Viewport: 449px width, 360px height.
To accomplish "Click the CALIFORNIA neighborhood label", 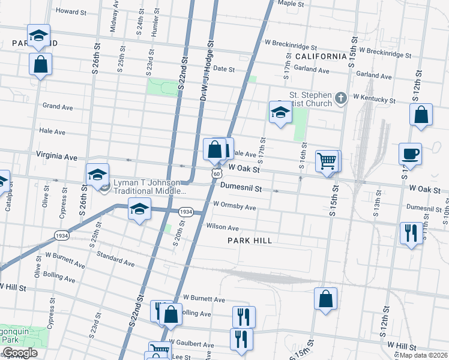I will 321,56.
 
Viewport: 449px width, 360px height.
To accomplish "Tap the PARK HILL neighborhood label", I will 250,241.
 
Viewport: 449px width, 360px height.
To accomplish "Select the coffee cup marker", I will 410,154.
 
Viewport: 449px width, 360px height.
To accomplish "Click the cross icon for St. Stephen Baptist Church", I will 340,98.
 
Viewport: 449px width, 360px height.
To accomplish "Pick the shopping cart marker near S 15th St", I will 327,161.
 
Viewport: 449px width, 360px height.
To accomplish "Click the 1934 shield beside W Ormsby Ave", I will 185,212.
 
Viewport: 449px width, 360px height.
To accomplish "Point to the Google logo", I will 20,353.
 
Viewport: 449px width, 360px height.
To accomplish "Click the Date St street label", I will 223,69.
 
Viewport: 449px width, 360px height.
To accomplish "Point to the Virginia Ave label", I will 56,157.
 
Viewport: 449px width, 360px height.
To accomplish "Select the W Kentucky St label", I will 374,98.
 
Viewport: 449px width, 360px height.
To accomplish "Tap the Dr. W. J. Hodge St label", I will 207,66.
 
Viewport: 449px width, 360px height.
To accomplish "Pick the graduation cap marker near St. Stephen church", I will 280,112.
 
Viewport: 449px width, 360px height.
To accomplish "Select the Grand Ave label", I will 58,107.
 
